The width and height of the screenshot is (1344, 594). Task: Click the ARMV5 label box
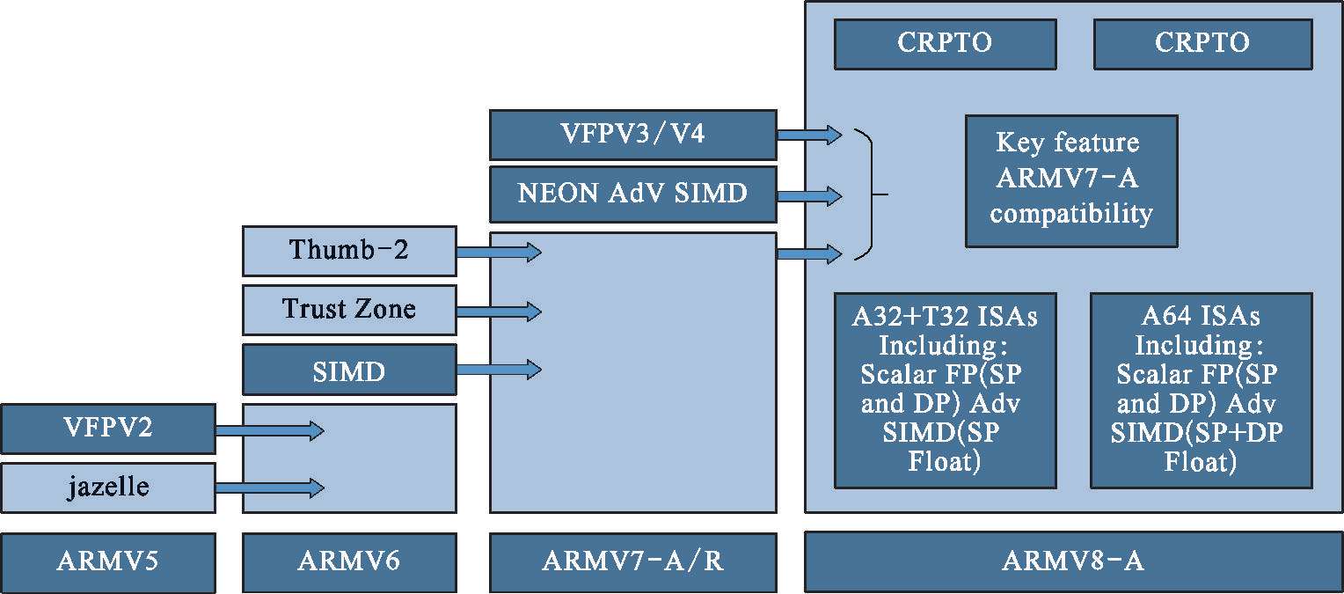(x=107, y=561)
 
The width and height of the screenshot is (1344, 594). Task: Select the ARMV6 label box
(x=349, y=561)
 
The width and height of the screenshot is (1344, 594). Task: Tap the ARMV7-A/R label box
(x=632, y=561)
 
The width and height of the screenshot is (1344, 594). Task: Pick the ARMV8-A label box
(x=1073, y=561)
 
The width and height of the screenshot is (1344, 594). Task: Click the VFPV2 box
(x=107, y=429)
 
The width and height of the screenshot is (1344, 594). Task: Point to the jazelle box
(x=107, y=488)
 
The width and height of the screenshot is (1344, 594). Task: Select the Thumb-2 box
(x=349, y=251)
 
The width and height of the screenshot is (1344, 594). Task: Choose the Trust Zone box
(x=349, y=310)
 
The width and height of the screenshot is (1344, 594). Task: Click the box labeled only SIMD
(x=349, y=370)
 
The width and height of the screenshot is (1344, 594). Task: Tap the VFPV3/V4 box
(x=632, y=135)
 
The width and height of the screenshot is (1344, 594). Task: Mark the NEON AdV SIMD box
(x=632, y=194)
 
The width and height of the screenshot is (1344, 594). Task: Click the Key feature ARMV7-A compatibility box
(x=1071, y=181)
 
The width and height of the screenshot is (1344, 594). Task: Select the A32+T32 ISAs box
(x=945, y=390)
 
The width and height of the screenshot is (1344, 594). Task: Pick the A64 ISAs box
(x=1201, y=390)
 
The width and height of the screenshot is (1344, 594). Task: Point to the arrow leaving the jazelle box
(x=269, y=488)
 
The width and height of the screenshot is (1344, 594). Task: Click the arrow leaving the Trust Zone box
(x=498, y=311)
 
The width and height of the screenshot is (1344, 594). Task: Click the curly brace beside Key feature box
(x=870, y=194)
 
